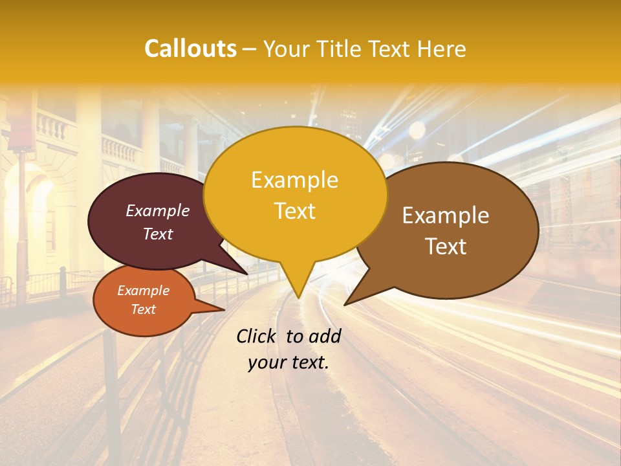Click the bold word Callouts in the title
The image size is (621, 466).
[x=190, y=49]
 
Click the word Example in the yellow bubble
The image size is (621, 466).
[x=294, y=180]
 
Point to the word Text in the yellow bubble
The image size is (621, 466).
[x=294, y=210]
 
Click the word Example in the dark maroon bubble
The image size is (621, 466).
[x=157, y=210]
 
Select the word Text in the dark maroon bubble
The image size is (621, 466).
[x=157, y=234]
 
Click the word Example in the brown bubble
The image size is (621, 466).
[x=446, y=216]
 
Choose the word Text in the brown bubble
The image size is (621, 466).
[x=446, y=246]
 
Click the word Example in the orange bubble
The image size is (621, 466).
[x=143, y=291]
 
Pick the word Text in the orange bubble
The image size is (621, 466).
[x=143, y=309]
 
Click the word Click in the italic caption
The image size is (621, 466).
[x=257, y=336]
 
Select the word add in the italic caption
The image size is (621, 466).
[x=325, y=336]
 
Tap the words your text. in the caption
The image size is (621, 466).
[x=288, y=362]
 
